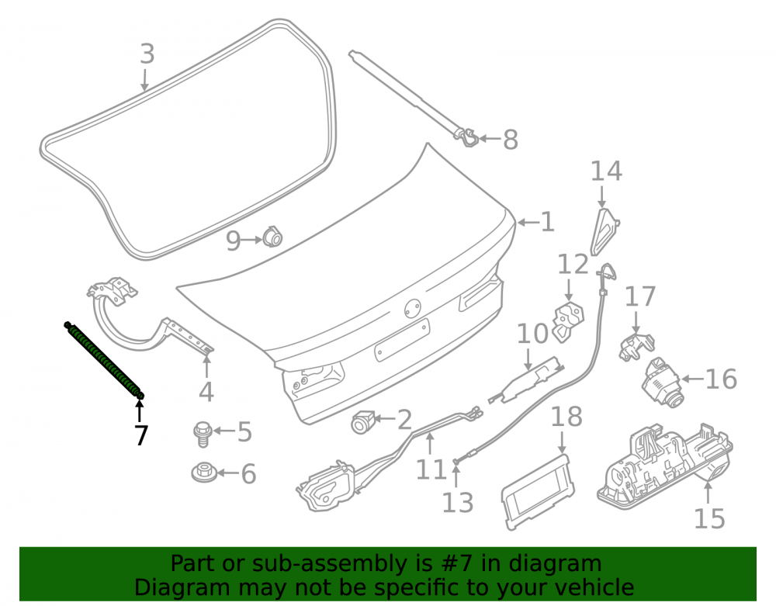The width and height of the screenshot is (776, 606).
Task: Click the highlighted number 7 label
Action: coord(141,435)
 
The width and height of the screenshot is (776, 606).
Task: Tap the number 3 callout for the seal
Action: coord(147,54)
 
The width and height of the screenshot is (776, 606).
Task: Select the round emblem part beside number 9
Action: coord(272,237)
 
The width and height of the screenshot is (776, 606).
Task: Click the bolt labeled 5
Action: coord(203,434)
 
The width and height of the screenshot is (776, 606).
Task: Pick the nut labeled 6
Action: coord(204,472)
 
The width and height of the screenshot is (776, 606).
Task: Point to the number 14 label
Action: coord(606,171)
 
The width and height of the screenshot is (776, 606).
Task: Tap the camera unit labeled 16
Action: coord(662,382)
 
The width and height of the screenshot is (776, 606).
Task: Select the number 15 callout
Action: coord(709,518)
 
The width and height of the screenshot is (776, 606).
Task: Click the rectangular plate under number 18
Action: coord(538,491)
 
